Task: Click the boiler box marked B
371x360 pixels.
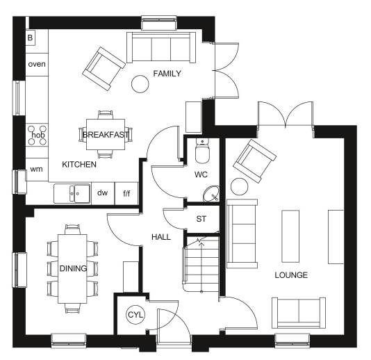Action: point(31,38)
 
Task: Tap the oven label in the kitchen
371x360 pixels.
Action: point(37,64)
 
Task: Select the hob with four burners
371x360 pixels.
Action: point(37,135)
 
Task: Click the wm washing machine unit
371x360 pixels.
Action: point(37,170)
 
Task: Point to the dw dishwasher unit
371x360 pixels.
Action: point(103,193)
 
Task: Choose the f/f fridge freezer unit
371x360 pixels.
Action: point(126,193)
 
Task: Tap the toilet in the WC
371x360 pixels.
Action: point(202,151)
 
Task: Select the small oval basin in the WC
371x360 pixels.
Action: point(211,194)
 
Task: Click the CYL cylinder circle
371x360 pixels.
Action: point(135,315)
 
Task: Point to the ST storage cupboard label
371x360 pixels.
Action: point(201,219)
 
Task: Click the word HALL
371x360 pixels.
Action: point(161,237)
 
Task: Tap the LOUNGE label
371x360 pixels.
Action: point(291,275)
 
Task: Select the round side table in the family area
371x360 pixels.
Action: point(140,84)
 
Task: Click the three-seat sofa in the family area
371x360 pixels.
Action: point(161,47)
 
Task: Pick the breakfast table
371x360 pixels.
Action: point(106,134)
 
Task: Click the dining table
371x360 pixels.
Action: point(73,269)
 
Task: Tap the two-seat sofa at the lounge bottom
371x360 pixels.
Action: point(299,313)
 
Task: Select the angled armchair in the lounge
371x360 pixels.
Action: point(254,161)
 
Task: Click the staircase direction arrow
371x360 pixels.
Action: point(201,268)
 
